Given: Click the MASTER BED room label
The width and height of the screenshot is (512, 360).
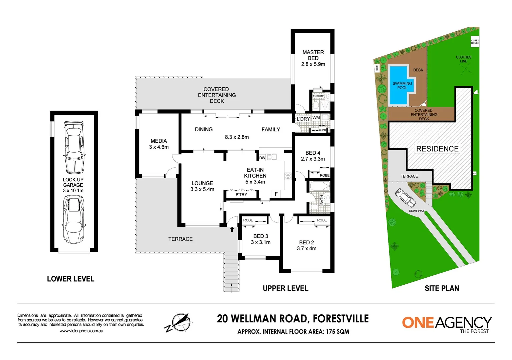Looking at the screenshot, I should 313,55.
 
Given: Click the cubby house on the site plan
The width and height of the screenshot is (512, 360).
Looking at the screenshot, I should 475,42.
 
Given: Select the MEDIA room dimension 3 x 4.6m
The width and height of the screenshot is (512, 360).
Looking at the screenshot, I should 159,147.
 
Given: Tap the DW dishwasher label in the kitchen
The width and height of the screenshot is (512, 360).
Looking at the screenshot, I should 262,158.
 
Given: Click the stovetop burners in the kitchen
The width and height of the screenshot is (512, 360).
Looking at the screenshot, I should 288,176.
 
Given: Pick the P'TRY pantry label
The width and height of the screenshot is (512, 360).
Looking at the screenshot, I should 241,195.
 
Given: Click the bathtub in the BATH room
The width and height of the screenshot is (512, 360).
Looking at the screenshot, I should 320,186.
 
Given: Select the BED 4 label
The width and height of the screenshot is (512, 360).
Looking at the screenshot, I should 313,153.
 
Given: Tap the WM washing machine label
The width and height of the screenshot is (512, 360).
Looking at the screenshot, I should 316,118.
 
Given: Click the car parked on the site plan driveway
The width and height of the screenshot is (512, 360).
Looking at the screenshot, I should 405,198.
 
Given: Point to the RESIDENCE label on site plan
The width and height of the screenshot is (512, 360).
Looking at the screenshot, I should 437,149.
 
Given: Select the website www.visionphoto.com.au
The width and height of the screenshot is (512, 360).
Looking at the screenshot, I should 81,331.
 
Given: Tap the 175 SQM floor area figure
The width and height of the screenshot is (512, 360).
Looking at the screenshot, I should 338,332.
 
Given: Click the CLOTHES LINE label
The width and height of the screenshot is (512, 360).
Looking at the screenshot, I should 463,59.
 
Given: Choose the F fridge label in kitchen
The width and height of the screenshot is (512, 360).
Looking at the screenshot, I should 276,194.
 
